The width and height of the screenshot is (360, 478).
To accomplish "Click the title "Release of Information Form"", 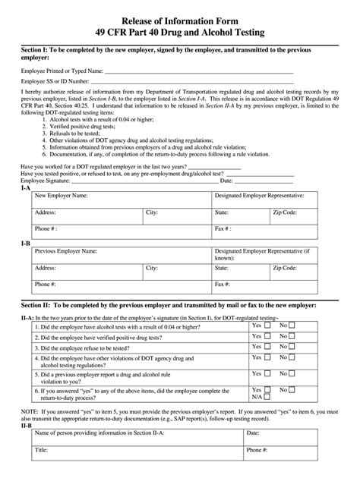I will (180, 17).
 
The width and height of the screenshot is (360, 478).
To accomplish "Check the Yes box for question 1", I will (268, 325).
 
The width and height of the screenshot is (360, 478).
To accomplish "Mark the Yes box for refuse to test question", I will (268, 351).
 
